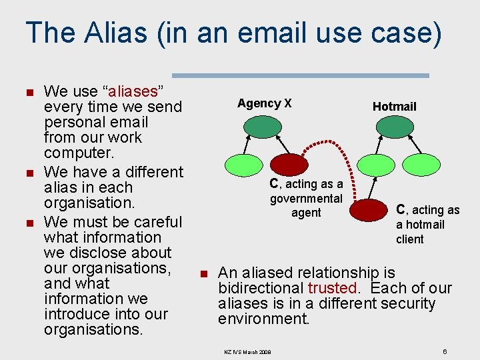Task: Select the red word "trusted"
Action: (332, 288)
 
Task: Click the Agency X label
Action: (264, 103)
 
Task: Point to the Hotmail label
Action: (394, 107)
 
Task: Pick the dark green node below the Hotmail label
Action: (394, 127)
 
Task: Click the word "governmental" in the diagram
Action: (306, 198)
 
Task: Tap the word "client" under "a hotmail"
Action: (409, 239)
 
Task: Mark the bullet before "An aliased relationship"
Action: (204, 273)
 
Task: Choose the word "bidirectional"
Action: (261, 288)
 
